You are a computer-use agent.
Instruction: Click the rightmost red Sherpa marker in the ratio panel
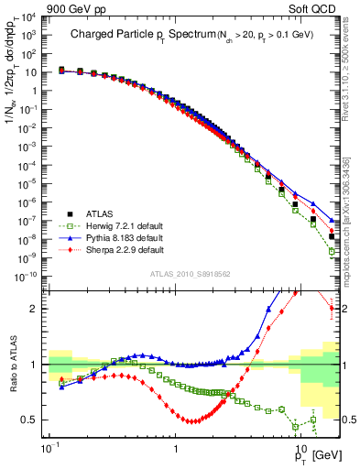[332, 309]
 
